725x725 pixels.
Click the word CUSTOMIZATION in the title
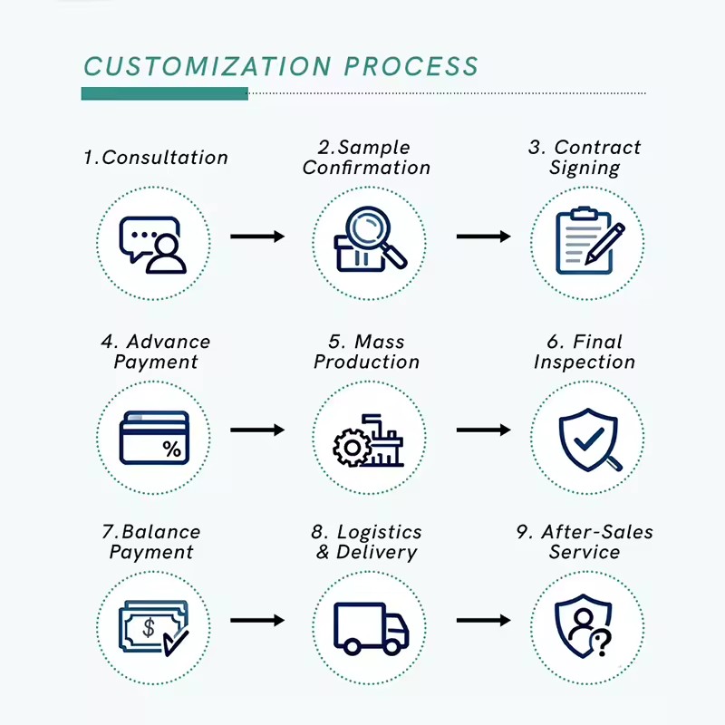208,66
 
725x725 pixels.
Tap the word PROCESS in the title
411,66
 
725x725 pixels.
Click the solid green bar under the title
165,93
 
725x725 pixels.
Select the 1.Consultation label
156,158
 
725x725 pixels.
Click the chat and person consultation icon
152,245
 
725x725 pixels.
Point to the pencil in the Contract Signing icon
604,244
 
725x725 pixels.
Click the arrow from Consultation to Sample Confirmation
257,237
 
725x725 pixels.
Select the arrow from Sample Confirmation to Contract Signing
484,237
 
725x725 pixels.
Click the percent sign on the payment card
172,449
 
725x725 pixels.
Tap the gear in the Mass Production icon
352,448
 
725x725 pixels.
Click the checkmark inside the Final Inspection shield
588,439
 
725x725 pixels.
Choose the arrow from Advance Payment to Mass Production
257,430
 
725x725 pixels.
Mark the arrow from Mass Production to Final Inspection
484,430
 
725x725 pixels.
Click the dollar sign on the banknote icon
149,628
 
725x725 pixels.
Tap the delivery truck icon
371,628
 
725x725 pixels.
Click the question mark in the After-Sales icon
603,644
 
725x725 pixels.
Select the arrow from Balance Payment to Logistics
257,620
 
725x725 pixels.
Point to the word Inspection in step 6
585,362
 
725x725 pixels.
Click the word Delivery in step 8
376,552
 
